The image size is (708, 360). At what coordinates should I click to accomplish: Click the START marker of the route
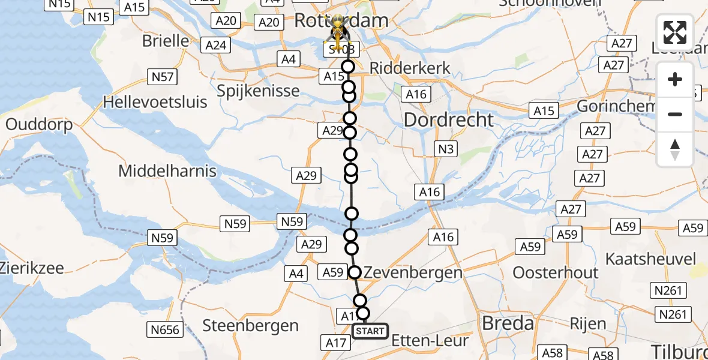coord(370,331)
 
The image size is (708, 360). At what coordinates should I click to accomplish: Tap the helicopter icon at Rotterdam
coord(338,33)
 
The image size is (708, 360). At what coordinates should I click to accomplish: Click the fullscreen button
coord(675,32)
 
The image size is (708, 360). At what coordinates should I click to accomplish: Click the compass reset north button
coord(675,149)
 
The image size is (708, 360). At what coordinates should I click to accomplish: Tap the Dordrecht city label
coord(449,119)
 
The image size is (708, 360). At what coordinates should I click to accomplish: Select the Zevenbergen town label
coord(412,272)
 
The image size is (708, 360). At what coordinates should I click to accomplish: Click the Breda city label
coord(499,323)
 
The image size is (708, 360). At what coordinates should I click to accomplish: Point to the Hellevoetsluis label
coord(155,101)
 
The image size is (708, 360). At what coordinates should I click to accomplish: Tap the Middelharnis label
coord(167,171)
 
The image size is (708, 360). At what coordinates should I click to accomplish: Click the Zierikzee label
coord(31,268)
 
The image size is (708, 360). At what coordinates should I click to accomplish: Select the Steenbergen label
coord(251,326)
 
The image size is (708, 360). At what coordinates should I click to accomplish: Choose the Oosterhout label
coord(556,272)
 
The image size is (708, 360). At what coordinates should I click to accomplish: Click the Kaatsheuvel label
coord(651,259)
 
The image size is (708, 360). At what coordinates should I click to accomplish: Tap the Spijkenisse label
coord(259,91)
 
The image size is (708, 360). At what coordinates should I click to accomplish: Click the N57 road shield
coord(163,76)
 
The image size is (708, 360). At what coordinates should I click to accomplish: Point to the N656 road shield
coord(165,329)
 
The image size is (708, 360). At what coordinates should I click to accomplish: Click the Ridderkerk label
coord(410,68)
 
